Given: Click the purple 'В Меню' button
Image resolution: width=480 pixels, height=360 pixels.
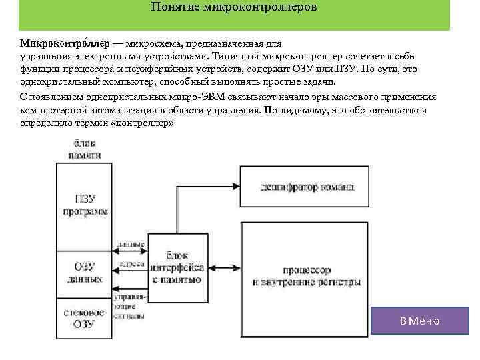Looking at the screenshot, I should pyautogui.click(x=419, y=321).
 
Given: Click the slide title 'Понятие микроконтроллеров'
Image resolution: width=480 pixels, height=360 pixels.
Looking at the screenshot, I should pyautogui.click(x=234, y=8).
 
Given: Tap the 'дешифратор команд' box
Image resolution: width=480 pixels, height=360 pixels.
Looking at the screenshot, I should pyautogui.click(x=307, y=187).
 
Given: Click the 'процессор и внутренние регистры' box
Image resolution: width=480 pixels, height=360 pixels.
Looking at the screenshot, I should pyautogui.click(x=307, y=276).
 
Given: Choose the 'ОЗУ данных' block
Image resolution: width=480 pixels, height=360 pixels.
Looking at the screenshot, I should pyautogui.click(x=85, y=272).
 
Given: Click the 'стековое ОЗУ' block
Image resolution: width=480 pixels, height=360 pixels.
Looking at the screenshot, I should pyautogui.click(x=84, y=317).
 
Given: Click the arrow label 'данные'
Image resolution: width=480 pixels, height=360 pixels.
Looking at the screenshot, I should pyautogui.click(x=131, y=245).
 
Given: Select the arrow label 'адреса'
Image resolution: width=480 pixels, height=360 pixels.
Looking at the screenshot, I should pyautogui.click(x=131, y=264).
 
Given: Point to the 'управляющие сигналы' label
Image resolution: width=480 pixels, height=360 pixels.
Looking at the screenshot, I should pyautogui.click(x=129, y=301).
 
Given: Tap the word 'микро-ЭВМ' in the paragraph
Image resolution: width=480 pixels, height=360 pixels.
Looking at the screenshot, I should pyautogui.click(x=207, y=97).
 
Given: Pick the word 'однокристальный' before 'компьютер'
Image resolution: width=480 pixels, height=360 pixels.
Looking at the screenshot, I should pyautogui.click(x=61, y=83).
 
